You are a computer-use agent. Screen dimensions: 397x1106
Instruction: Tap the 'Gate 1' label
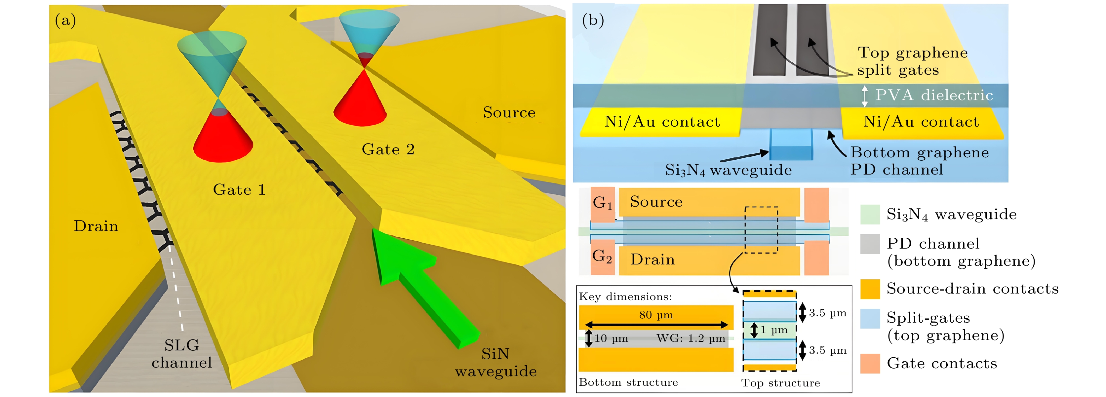pyautogui.click(x=239, y=190)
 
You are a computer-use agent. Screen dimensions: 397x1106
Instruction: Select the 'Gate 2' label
pyautogui.click(x=388, y=149)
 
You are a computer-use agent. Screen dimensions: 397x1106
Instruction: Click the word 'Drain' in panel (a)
pyautogui.click(x=96, y=226)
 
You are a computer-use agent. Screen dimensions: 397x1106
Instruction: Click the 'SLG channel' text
pyautogui.click(x=181, y=354)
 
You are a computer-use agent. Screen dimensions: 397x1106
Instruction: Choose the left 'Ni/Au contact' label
pyautogui.click(x=662, y=122)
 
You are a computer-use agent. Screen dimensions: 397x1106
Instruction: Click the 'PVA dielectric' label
pyautogui.click(x=934, y=95)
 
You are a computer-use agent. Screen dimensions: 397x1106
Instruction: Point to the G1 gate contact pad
pyautogui.click(x=602, y=204)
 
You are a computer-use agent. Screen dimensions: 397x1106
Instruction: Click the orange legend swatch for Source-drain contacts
pyautogui.click(x=870, y=289)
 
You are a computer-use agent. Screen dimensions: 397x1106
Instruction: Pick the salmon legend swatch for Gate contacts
pyautogui.click(x=870, y=364)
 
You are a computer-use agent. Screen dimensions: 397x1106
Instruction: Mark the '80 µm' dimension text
pyautogui.click(x=656, y=315)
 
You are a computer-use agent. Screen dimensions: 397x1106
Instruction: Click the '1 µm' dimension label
pyautogui.click(x=774, y=330)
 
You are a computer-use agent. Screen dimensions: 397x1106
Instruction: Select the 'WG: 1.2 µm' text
pyautogui.click(x=691, y=338)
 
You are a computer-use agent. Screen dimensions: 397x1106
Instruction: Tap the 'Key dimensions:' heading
pyautogui.click(x=625, y=297)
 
